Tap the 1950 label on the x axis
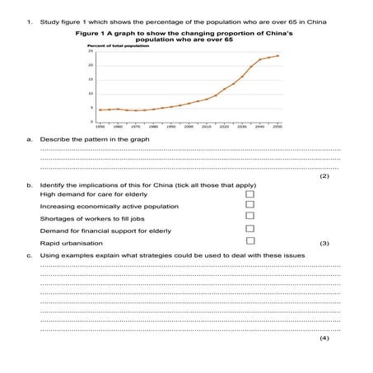[100, 127]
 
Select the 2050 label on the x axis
[278, 127]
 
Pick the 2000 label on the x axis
[189, 127]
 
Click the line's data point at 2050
[278, 56]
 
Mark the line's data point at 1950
[100, 110]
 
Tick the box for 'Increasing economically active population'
[250, 204]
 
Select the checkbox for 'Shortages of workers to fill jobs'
[250, 217]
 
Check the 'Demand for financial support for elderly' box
[250, 229]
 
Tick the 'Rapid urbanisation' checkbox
[250, 241]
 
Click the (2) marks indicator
[324, 175]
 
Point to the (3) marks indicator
[324, 243]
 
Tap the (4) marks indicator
[324, 338]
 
